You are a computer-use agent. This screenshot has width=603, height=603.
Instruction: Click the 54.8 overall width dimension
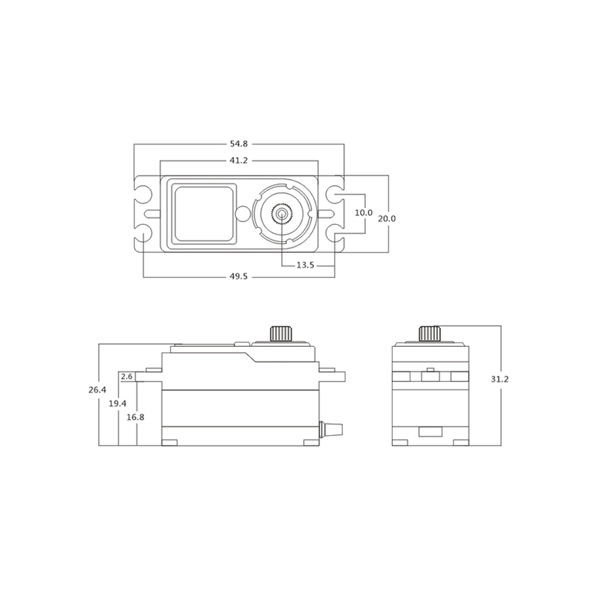[x=238, y=144]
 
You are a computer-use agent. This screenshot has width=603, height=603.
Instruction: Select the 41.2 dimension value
[x=238, y=160]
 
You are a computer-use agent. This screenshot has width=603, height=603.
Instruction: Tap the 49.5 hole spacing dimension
[x=238, y=277]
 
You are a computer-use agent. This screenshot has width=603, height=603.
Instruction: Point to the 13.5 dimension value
[x=305, y=266]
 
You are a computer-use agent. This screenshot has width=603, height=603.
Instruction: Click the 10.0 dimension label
[x=364, y=213]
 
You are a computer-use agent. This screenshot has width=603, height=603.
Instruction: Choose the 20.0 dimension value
[x=387, y=218]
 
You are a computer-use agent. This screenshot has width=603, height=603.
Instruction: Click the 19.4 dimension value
[x=118, y=403]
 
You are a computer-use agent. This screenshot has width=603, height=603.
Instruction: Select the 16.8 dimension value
[x=135, y=417]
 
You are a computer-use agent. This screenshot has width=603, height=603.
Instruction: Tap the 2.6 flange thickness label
[x=127, y=376]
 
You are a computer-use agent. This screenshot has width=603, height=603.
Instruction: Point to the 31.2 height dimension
[x=499, y=379]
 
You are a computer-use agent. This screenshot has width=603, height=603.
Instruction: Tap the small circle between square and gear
[x=242, y=213]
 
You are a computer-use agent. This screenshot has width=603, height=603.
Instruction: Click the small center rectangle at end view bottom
[x=430, y=432]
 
